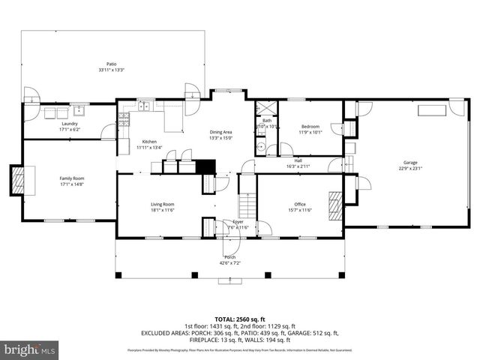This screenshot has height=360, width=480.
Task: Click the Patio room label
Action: click(111, 64)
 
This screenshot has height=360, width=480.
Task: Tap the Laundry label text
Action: click(69, 123)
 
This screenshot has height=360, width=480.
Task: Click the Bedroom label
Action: click(310, 126)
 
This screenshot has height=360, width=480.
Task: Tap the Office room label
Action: click(299, 204)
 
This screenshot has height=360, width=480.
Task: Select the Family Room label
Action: click(72, 178)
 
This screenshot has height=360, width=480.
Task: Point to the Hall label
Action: click(298, 160)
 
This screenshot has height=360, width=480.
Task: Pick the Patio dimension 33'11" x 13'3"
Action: click(111, 70)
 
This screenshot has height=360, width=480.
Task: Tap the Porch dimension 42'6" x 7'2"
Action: click(230, 262)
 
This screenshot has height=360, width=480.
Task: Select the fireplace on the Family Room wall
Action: click(18, 178)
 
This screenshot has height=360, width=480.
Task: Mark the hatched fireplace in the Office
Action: click(337, 203)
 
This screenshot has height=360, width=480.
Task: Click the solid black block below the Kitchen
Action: click(205, 166)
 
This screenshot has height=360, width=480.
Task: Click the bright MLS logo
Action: click(30, 349)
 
